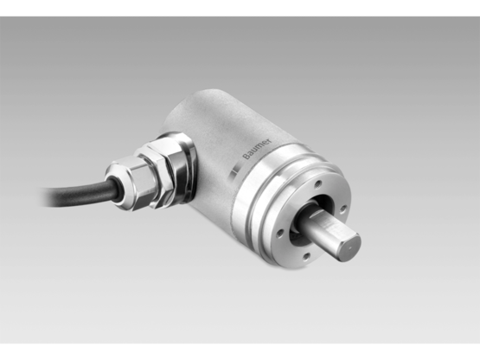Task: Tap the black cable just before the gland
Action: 91,186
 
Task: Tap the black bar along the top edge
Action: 240,7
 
